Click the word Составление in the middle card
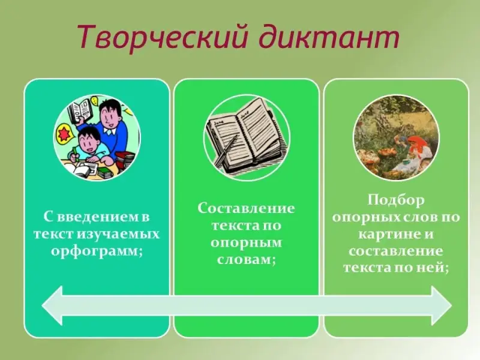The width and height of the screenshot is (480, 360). point(247,208)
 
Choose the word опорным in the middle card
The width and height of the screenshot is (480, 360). point(247,243)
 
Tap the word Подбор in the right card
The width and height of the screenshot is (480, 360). point(396,200)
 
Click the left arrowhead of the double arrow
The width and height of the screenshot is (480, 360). point(52,305)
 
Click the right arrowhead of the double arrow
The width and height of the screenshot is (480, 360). point(442,305)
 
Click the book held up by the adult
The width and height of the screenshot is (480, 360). point(80,111)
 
